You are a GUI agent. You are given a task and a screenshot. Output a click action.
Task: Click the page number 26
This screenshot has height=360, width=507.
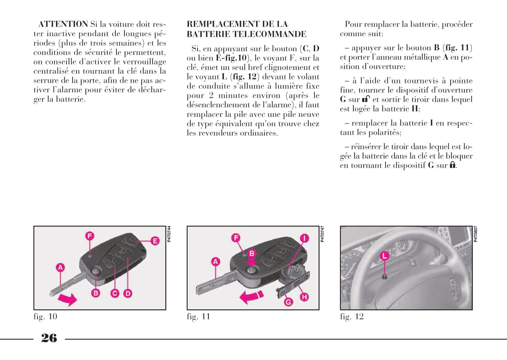(49, 338)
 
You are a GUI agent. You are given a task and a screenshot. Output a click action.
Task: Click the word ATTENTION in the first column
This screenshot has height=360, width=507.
(63, 24)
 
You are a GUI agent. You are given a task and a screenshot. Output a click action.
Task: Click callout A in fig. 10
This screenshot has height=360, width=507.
(60, 268)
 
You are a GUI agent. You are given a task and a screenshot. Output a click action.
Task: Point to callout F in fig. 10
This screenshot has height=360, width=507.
(90, 236)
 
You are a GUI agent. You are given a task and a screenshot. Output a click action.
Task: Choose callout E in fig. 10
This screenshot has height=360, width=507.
(155, 241)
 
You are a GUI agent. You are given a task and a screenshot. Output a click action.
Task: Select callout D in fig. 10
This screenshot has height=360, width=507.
(128, 293)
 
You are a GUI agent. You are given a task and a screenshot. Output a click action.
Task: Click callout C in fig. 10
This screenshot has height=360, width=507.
(115, 293)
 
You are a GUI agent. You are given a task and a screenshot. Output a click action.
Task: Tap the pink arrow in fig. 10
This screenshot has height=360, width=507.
(67, 299)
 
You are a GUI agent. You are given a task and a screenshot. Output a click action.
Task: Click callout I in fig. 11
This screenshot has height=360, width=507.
(304, 239)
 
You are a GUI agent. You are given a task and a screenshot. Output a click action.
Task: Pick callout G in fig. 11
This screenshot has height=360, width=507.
(288, 302)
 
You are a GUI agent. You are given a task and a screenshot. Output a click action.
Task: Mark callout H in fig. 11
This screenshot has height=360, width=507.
(304, 297)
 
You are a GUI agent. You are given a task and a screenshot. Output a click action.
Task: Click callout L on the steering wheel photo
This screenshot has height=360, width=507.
(385, 255)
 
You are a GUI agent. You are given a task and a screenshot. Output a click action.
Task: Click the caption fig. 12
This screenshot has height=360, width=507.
(352, 317)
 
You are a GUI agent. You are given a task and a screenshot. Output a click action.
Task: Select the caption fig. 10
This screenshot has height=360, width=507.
(45, 317)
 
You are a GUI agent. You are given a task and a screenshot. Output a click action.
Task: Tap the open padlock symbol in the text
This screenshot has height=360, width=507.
(366, 99)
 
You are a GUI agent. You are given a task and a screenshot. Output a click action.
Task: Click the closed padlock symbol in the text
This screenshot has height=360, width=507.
(453, 165)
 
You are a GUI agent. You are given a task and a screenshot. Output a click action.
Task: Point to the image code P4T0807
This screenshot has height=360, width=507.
(475, 234)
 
